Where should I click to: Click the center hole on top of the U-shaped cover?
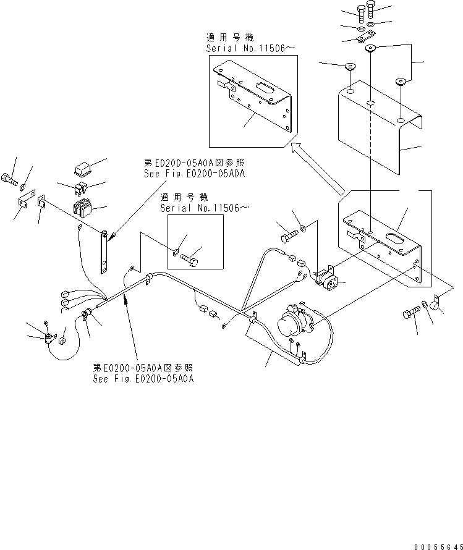click(369, 103)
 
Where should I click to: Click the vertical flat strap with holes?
click(105, 253)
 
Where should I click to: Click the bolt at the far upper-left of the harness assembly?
click(10, 181)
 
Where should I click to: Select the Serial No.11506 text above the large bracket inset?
click(247, 48)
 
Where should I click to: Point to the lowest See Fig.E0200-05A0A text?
click(143, 379)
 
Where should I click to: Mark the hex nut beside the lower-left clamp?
click(62, 341)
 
